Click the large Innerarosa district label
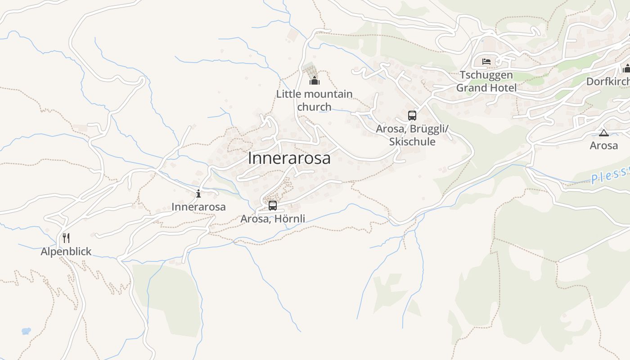(289, 158)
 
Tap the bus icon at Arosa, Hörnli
(273, 206)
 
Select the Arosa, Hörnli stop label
(273, 219)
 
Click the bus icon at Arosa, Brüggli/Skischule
(412, 115)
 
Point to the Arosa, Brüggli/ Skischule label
(412, 135)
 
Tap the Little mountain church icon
(314, 81)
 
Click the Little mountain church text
(314, 100)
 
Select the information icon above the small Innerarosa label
(198, 194)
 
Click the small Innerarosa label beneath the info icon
(198, 207)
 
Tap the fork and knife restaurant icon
(66, 238)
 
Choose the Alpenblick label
(66, 252)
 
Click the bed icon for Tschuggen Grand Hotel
(486, 62)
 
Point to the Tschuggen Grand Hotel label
(486, 81)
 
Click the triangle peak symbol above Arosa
(603, 133)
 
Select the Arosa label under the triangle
(603, 146)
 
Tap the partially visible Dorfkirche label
(608, 81)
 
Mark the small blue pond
(26, 331)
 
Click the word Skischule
(412, 142)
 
